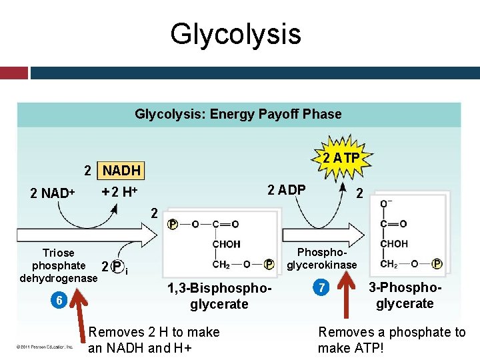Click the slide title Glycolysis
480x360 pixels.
pos(235,33)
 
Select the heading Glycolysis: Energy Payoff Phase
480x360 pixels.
pos(238,114)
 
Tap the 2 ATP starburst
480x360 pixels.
pos(341,158)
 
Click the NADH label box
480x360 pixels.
pos(121,171)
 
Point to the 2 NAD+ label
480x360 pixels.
pos(52,193)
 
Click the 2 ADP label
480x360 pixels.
pos(286,189)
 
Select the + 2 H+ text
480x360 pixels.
pos(119,192)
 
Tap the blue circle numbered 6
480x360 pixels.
pos(59,300)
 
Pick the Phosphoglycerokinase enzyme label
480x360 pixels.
pos(322,259)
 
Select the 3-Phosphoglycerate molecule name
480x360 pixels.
pos(405,296)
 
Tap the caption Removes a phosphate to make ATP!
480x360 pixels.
pos(392,340)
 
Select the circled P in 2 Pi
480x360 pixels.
pos(117,267)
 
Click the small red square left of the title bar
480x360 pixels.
pos(13,73)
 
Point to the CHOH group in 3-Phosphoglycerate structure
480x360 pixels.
pos(393,244)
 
